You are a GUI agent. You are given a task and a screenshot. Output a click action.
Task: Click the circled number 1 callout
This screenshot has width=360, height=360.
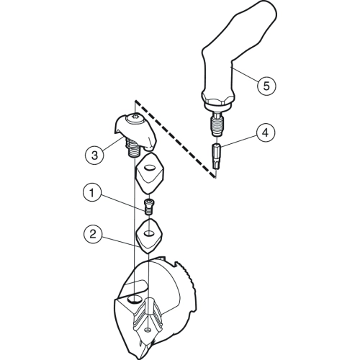(92, 192)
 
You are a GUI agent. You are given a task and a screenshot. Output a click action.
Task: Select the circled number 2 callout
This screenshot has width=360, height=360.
(93, 234)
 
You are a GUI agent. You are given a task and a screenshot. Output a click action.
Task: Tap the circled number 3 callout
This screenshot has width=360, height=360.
(94, 155)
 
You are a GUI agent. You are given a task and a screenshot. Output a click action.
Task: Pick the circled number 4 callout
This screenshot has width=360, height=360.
(265, 132)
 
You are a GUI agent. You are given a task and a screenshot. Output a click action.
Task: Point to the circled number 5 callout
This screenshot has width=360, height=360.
(266, 86)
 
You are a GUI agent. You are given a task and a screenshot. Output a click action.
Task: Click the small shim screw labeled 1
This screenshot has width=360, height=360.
(149, 206)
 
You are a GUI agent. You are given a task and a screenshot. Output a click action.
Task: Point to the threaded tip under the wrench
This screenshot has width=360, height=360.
(217, 125)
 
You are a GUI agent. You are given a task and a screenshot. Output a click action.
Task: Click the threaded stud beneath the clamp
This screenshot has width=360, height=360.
(132, 148)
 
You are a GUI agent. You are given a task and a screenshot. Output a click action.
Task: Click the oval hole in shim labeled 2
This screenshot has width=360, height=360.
(149, 233)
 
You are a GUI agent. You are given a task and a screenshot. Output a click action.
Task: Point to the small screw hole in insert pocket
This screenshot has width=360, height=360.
(148, 331)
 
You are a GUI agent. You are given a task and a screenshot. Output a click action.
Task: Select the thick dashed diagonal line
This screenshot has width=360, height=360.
(175, 139)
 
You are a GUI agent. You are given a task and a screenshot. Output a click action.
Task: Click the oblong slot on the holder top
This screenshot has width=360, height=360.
(136, 287)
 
